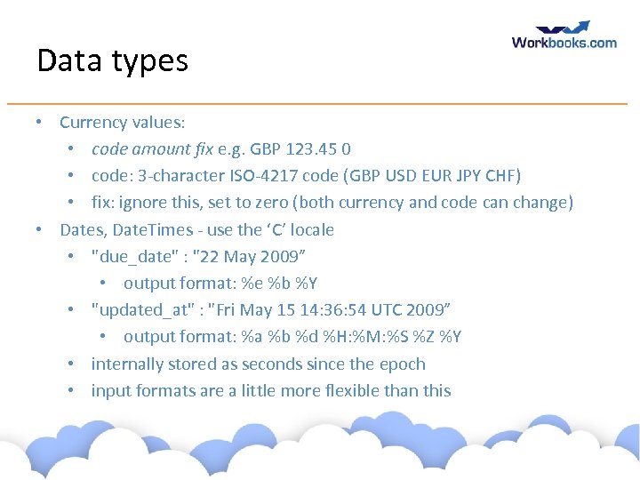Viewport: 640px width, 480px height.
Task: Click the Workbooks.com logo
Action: pos(564,36)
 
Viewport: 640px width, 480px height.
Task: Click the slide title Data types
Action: pos(112,61)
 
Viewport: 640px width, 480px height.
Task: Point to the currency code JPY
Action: pos(468,175)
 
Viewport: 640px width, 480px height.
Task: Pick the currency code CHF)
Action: pos(503,175)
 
